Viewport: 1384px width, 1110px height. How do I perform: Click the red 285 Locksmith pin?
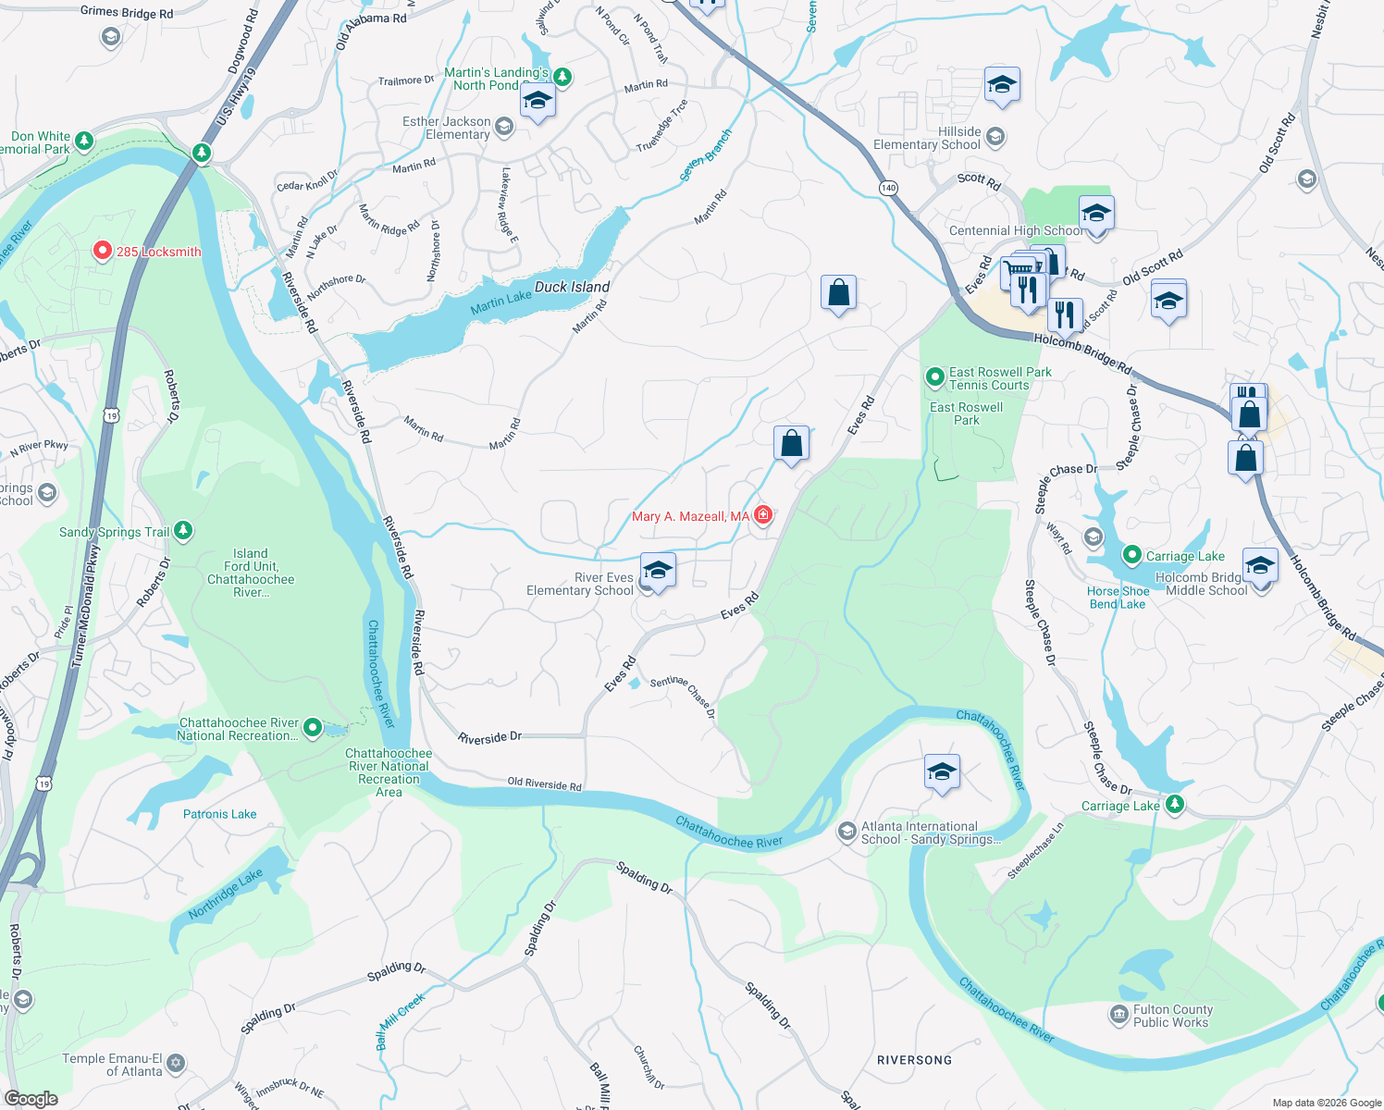pyautogui.click(x=103, y=252)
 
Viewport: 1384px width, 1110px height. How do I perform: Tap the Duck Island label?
pyautogui.click(x=572, y=287)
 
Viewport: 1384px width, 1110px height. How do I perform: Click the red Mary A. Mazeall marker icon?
pyautogui.click(x=763, y=515)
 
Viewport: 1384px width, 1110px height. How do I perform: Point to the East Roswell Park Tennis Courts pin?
pyautogui.click(x=935, y=377)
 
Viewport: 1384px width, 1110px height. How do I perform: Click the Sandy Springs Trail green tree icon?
pyautogui.click(x=184, y=530)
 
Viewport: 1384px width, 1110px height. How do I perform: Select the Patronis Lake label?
pyautogui.click(x=219, y=814)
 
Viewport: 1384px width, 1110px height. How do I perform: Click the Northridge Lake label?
pyautogui.click(x=226, y=894)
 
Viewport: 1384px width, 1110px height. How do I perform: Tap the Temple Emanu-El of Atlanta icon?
pyautogui.click(x=177, y=1064)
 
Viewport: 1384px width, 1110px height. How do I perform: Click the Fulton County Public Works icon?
pyautogui.click(x=1118, y=1016)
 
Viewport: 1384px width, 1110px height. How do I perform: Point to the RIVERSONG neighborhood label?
pyautogui.click(x=914, y=1060)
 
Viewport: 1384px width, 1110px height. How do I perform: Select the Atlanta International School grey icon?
pyautogui.click(x=846, y=832)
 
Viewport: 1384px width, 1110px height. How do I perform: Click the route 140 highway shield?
pyautogui.click(x=888, y=188)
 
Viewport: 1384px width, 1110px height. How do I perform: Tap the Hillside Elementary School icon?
pyautogui.click(x=995, y=138)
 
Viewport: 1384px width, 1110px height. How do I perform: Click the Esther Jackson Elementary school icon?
pyautogui.click(x=504, y=127)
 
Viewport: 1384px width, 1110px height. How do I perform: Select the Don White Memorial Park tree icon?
pyautogui.click(x=84, y=141)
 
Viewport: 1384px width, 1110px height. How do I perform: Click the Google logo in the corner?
pyautogui.click(x=31, y=1099)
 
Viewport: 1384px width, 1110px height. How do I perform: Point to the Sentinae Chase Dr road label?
pyautogui.click(x=683, y=696)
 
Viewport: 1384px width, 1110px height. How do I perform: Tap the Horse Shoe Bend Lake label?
pyautogui.click(x=1118, y=598)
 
